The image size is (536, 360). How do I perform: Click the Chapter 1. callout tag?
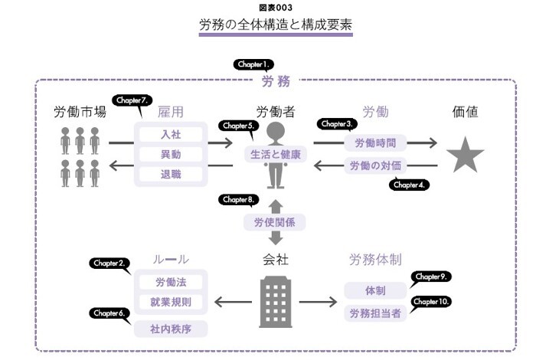[x=253, y=65]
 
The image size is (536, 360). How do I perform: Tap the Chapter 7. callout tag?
[x=132, y=100]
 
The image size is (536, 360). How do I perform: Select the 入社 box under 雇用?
[x=171, y=133]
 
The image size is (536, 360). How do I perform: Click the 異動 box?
[x=171, y=153]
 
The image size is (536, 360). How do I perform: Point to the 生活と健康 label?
[x=275, y=154]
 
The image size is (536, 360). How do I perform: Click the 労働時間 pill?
[x=375, y=142]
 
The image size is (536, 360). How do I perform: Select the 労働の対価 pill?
[x=375, y=165]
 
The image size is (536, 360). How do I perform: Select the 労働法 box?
[x=171, y=282]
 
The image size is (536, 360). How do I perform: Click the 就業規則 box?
[x=171, y=302]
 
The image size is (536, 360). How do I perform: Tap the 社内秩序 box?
[x=171, y=329]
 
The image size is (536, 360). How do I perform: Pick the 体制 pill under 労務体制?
[x=375, y=291]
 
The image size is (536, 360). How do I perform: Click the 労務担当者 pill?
[x=375, y=313]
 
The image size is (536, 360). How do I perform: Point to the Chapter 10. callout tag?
[x=431, y=302]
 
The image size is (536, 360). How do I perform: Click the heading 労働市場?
[x=80, y=112]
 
